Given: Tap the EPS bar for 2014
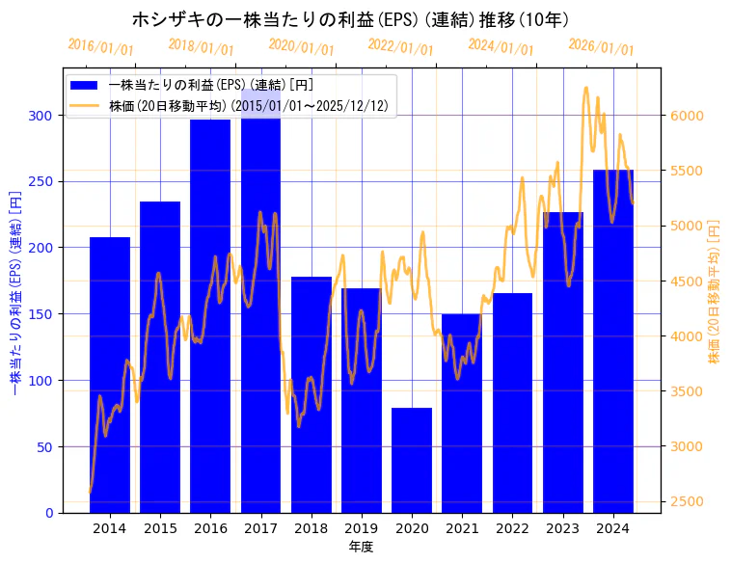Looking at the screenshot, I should [110, 376].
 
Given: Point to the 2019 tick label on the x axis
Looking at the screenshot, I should [362, 528].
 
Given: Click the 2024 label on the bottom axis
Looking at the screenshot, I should [613, 528].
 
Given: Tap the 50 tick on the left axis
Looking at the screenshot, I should [45, 447].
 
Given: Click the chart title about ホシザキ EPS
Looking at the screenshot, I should [349, 19].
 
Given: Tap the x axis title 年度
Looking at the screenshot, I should [361, 547].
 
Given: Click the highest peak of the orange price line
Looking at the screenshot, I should [586, 89].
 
